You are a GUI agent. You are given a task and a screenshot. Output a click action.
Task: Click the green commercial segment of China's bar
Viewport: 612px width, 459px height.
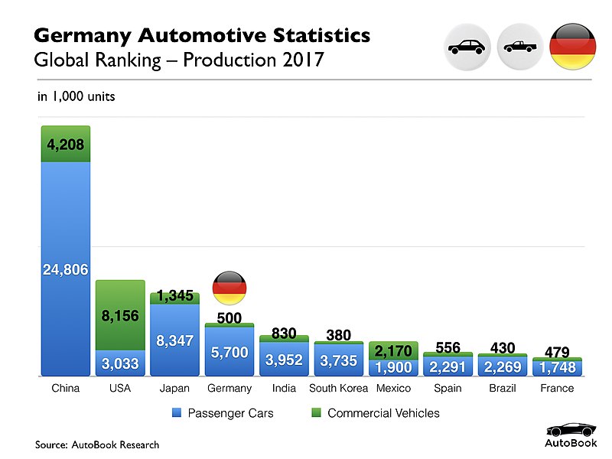point(66,144)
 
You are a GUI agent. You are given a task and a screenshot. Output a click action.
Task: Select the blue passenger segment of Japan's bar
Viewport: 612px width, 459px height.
point(175,340)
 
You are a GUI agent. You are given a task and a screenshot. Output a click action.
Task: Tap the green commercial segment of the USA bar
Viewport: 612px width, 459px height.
point(120,315)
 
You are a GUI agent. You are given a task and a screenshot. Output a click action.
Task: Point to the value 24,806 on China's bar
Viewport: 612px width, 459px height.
point(66,269)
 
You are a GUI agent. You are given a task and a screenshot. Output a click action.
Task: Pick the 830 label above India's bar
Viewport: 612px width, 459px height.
point(284,333)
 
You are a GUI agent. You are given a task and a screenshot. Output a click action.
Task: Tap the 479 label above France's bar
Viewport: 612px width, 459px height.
point(557,352)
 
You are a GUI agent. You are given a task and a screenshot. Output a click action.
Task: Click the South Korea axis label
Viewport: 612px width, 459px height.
point(338,389)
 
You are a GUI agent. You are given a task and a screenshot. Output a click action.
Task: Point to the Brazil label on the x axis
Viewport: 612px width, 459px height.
point(503,389)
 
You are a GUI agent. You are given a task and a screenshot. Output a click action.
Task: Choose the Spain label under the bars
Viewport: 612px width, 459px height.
point(448,389)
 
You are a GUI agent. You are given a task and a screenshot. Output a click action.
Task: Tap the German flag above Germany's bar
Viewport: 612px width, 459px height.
point(229,288)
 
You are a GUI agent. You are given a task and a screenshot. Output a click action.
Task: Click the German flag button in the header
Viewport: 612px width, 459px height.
point(572,47)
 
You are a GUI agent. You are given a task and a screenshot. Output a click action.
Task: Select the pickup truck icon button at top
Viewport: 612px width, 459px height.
point(520,47)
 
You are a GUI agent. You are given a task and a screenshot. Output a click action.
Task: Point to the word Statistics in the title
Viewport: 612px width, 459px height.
point(314,35)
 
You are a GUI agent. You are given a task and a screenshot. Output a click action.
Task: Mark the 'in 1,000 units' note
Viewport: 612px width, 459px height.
point(76,97)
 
